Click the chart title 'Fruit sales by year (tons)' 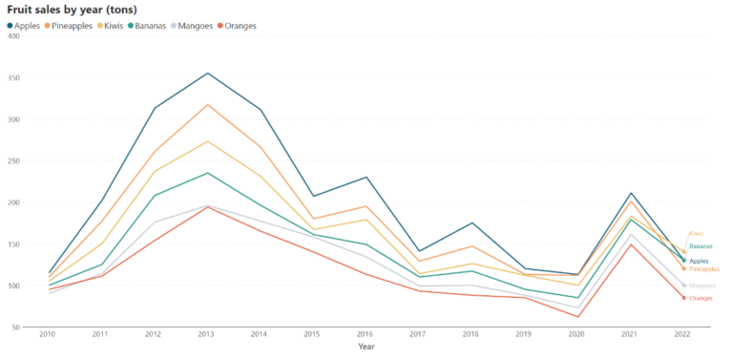72,10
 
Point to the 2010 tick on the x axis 48,335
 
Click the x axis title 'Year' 366,347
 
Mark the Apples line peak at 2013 207,74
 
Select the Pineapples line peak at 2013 207,105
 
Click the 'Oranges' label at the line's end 702,299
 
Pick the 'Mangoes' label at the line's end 702,286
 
